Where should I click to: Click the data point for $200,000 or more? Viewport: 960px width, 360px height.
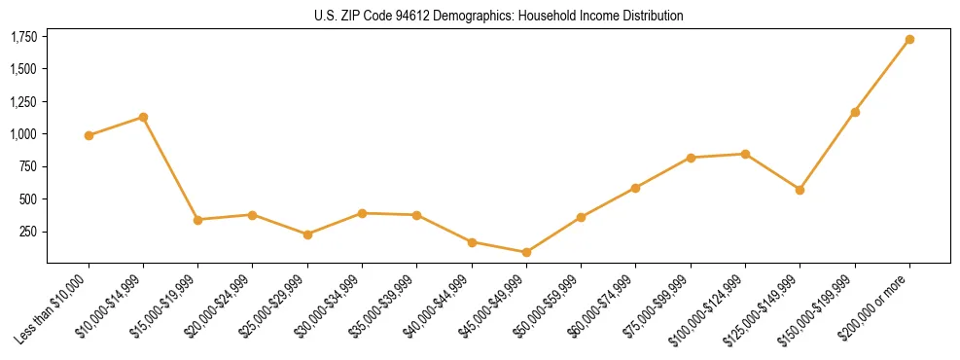909,40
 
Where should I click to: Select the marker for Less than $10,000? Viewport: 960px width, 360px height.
89,135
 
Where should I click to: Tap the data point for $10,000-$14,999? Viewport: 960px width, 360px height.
143,117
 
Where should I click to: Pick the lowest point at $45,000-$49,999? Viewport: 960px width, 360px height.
526,252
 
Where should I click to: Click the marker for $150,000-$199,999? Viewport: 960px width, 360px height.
855,112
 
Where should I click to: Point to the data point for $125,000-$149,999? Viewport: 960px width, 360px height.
800,190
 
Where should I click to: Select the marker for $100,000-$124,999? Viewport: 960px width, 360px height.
745,154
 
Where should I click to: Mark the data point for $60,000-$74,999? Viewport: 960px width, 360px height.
635,188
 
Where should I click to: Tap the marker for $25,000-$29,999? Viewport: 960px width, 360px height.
307,234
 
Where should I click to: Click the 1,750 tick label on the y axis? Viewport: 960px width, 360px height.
23,37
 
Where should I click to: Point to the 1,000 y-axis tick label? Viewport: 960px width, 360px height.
23,134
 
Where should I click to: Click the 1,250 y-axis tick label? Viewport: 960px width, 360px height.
23,102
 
